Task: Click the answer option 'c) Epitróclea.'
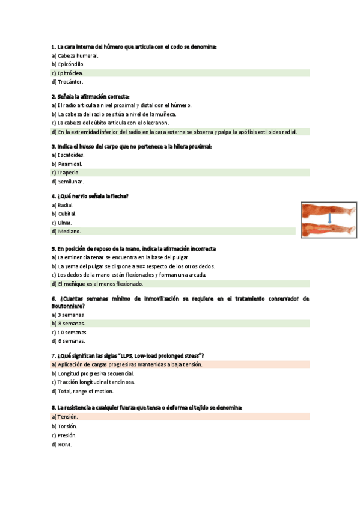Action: pos(67,73)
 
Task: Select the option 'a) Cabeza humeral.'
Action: pos(75,55)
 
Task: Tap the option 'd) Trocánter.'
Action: pos(67,82)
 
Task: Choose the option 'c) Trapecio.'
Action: pos(66,173)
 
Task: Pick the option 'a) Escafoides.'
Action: pos(68,155)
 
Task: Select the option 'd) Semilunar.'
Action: pos(67,182)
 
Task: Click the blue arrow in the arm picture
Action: pos(329,218)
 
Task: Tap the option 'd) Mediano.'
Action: pos(66,231)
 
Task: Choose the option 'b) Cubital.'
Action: pos(64,214)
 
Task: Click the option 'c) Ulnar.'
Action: pos(62,223)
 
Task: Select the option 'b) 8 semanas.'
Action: pos(68,323)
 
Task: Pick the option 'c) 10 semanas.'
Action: pos(69,332)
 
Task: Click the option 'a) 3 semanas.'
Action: pos(68,315)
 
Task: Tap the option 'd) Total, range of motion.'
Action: pos(82,391)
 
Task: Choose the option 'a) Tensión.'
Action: pos(65,416)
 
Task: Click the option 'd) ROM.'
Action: pos(61,444)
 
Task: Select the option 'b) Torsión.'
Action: pos(64,426)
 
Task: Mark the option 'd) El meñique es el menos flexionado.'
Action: pos(97,284)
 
